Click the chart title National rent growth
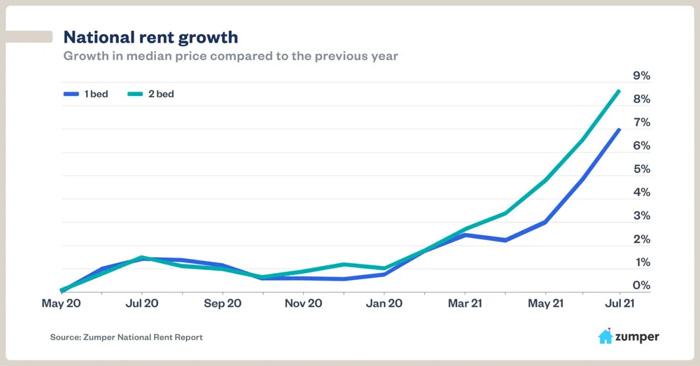click(x=150, y=36)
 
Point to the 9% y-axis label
click(x=641, y=76)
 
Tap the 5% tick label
click(x=641, y=169)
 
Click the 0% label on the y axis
click(x=641, y=286)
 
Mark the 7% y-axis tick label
click(x=641, y=122)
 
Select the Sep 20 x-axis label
click(x=222, y=304)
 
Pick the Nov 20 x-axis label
click(x=302, y=304)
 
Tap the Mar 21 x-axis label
click(x=464, y=304)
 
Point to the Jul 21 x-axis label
click(x=619, y=304)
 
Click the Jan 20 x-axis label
click(x=384, y=304)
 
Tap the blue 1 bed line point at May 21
click(x=545, y=222)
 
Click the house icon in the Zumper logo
click(x=605, y=337)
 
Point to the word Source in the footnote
click(x=66, y=337)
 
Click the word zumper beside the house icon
click(x=638, y=337)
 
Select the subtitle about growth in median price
click(x=230, y=55)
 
